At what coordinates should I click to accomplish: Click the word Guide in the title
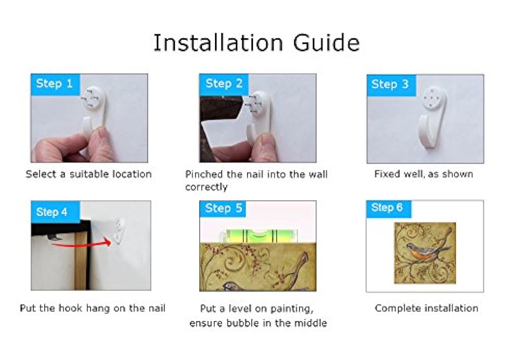(326, 43)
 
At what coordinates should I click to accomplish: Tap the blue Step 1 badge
(55, 84)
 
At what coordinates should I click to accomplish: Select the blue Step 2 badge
(224, 84)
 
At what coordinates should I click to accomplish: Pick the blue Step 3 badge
(390, 84)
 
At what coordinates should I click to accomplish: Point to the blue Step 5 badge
(224, 209)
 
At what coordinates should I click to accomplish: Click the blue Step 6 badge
(388, 208)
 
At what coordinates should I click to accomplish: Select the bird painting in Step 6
(425, 253)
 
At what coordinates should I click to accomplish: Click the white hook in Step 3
(432, 118)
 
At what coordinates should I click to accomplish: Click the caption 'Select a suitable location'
(88, 174)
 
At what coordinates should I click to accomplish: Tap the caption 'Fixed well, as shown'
(424, 174)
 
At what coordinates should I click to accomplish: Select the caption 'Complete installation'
(426, 308)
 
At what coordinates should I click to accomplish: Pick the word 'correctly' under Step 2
(206, 187)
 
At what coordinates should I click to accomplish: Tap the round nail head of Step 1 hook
(95, 97)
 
